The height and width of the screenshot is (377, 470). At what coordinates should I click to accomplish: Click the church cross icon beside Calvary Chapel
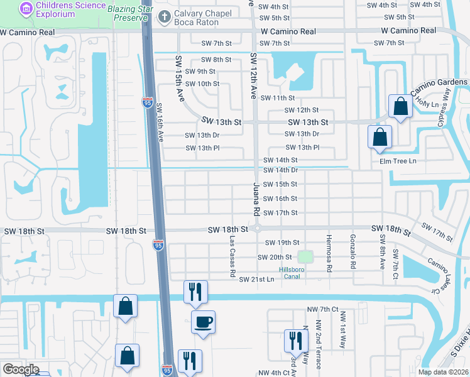click(x=165, y=17)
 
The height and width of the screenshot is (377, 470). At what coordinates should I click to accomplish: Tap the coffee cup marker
click(x=203, y=323)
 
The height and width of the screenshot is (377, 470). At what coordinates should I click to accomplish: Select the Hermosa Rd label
click(x=329, y=251)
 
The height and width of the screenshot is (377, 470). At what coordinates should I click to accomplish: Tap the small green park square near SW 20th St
click(x=305, y=256)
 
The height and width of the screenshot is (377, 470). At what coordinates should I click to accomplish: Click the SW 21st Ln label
click(x=257, y=278)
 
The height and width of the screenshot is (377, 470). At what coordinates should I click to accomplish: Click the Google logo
click(x=21, y=369)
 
